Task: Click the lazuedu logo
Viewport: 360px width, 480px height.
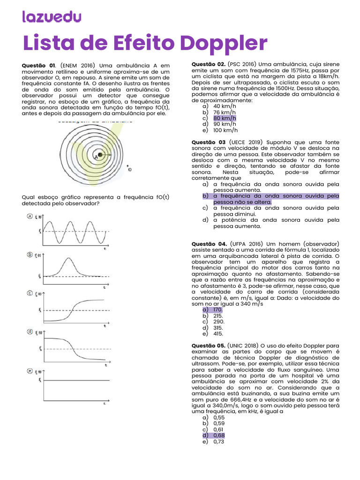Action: tap(52, 17)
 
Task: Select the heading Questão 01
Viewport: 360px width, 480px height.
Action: tap(39, 65)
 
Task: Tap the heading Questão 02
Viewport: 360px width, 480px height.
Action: tap(209, 64)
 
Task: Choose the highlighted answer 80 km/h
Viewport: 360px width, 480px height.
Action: tap(225, 118)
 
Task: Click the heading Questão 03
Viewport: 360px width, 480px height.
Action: tap(209, 142)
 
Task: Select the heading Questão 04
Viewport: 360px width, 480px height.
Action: tap(209, 244)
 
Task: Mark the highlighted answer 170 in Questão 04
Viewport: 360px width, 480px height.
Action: tap(217, 310)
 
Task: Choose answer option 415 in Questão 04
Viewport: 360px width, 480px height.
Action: tap(218, 334)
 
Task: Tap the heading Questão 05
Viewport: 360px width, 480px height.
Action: tap(209, 345)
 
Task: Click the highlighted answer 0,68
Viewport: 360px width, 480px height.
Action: tap(219, 435)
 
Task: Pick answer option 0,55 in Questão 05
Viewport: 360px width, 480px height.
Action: tap(219, 417)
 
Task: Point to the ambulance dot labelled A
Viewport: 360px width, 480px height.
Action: tap(99, 155)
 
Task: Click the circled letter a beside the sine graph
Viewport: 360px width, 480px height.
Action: tap(30, 216)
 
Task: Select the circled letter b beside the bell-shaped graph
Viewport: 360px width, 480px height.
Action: tap(30, 255)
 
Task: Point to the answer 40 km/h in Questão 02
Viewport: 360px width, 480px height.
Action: tap(225, 106)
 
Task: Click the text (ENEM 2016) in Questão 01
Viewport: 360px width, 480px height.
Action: tap(77, 65)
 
